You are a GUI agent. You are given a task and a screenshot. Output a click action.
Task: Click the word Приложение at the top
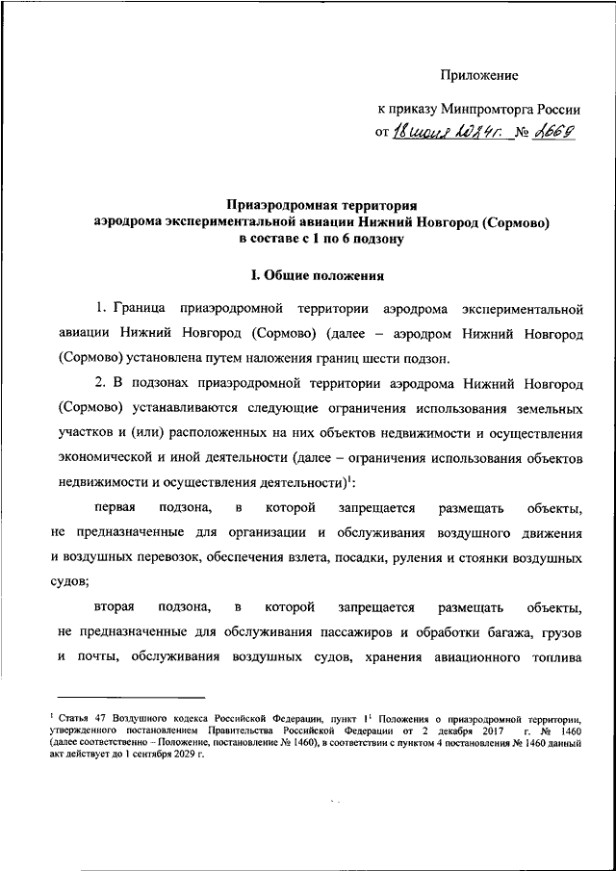pyautogui.click(x=479, y=74)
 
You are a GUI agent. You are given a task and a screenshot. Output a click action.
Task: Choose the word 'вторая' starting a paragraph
pyautogui.click(x=115, y=608)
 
